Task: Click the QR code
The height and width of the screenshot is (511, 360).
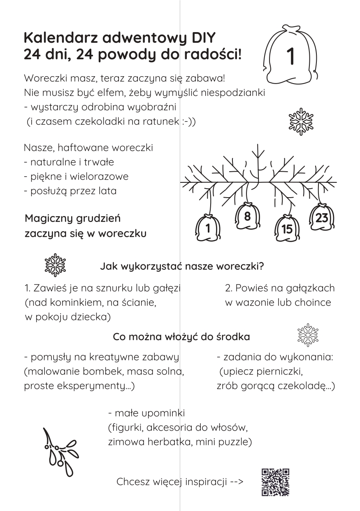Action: coord(276,482)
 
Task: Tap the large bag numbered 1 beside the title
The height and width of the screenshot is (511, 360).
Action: coord(290,56)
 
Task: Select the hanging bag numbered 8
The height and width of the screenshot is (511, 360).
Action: coord(247,217)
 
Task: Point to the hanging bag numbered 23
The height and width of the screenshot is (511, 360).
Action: coord(321,217)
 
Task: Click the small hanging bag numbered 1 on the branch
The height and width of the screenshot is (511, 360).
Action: coord(208,228)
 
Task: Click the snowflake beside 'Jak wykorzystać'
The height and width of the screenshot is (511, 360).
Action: coord(55,265)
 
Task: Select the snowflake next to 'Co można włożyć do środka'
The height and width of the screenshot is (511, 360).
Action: coord(308,335)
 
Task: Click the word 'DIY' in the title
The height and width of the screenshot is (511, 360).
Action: coord(202,38)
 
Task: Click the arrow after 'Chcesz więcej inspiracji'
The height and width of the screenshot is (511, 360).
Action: coord(237,482)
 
